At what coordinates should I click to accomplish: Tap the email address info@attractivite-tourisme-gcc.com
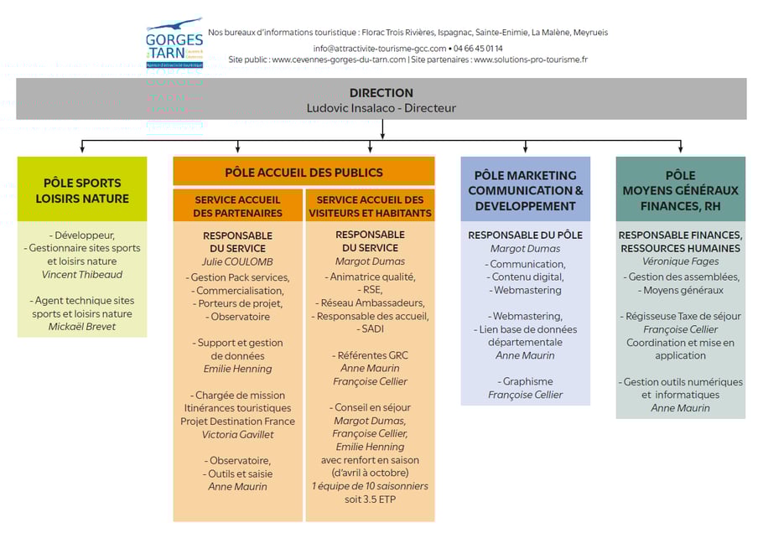click(x=380, y=48)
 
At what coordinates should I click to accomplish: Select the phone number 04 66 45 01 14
click(x=479, y=48)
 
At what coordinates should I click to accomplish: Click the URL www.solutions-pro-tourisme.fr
click(x=531, y=59)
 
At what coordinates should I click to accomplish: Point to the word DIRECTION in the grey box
click(x=381, y=93)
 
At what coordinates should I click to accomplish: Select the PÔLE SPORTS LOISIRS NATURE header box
click(x=82, y=190)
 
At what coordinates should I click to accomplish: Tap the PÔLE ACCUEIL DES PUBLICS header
click(x=304, y=173)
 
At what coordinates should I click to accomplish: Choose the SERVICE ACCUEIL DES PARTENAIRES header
click(x=238, y=206)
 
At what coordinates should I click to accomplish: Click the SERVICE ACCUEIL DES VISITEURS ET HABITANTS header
click(x=370, y=206)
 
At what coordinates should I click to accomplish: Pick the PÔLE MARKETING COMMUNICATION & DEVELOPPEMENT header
click(x=525, y=190)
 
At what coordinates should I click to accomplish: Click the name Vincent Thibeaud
click(x=82, y=274)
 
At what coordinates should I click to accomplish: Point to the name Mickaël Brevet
click(x=82, y=326)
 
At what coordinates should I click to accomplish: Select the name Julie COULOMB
click(x=238, y=261)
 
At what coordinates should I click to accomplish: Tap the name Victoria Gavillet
click(x=238, y=434)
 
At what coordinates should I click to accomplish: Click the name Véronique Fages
click(x=680, y=261)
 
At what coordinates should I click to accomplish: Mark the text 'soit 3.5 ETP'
click(x=370, y=499)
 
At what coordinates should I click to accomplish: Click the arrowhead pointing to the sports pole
click(x=82, y=148)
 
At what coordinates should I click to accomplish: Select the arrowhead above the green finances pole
click(x=680, y=148)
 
